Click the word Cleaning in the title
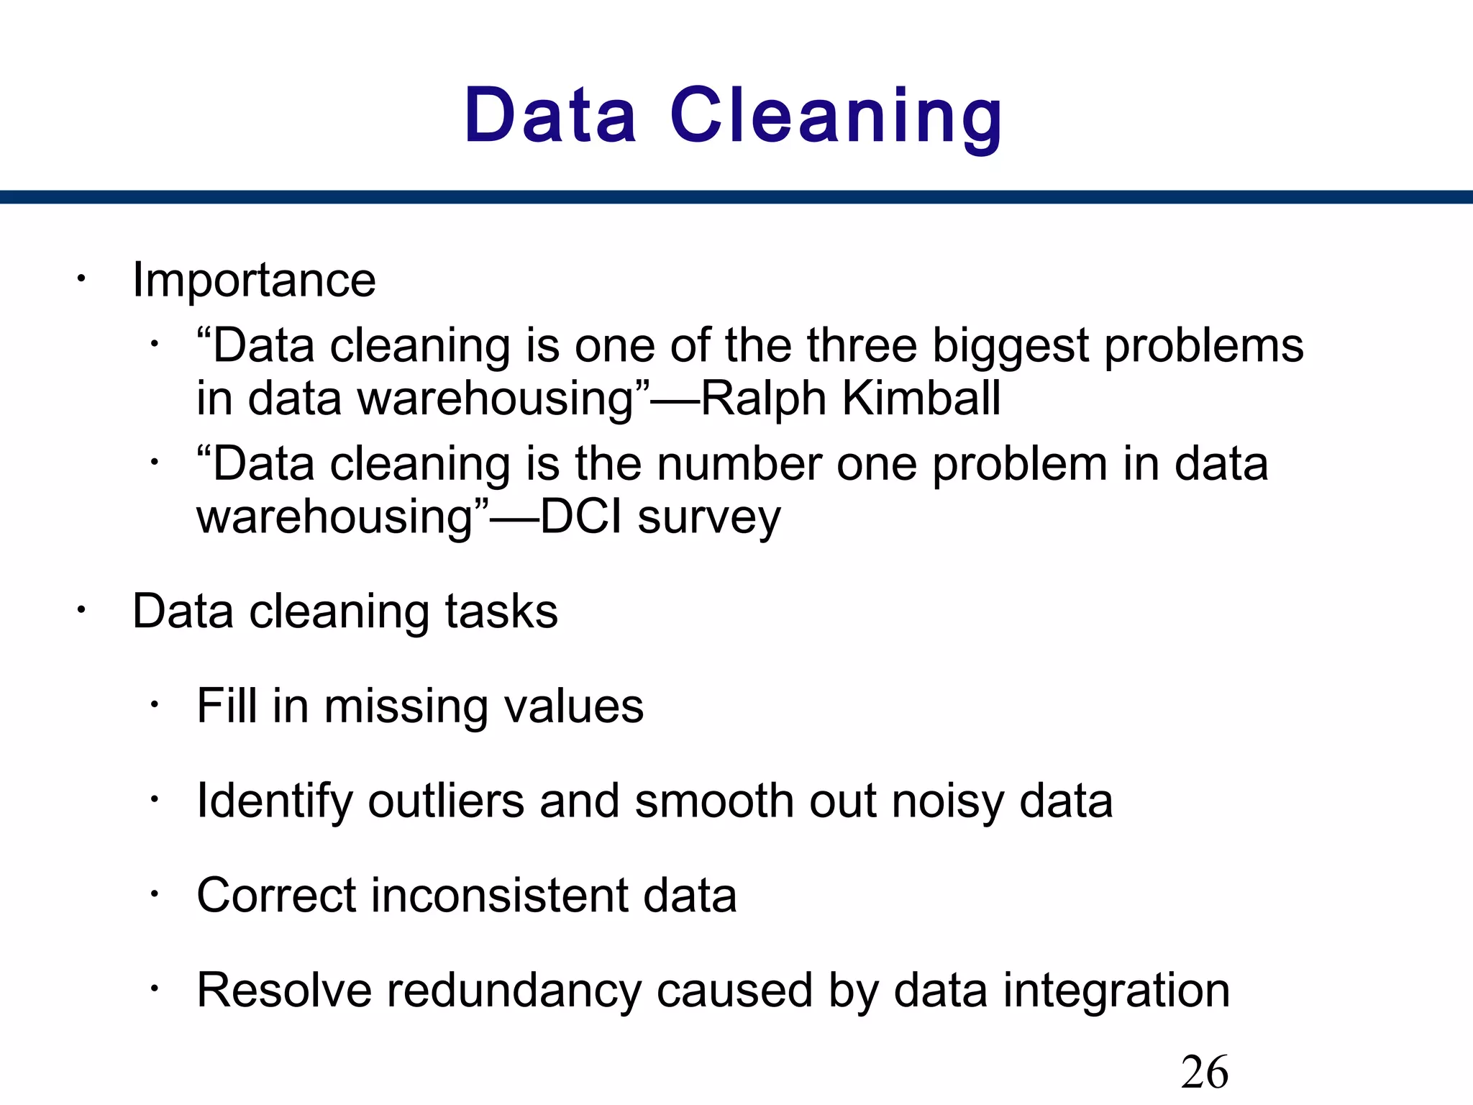click(x=836, y=117)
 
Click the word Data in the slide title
click(x=550, y=117)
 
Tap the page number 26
click(x=1204, y=1073)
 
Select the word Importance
click(x=254, y=280)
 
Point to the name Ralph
click(x=763, y=398)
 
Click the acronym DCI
click(x=580, y=517)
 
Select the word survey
click(x=708, y=518)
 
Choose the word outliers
click(x=446, y=801)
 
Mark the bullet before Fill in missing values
click(x=153, y=704)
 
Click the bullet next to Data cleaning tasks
click(x=82, y=611)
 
